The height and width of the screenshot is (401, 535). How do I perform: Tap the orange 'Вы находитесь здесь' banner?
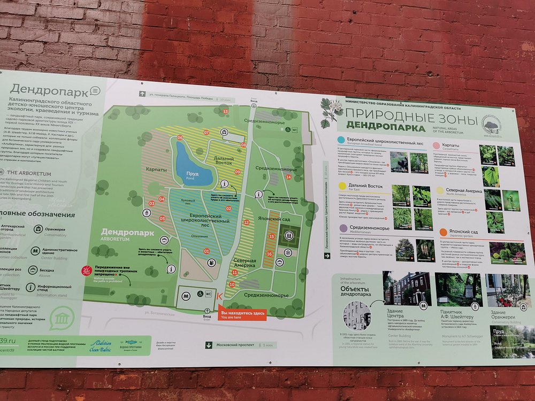[243, 314]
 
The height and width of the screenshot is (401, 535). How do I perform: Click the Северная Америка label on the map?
[244, 263]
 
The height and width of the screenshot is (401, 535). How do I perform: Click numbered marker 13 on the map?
[225, 112]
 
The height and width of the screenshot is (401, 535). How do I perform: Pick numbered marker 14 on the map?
[289, 177]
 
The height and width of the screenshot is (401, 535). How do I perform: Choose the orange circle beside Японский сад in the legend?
[444, 232]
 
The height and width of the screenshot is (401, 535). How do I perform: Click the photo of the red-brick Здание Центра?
[407, 289]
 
